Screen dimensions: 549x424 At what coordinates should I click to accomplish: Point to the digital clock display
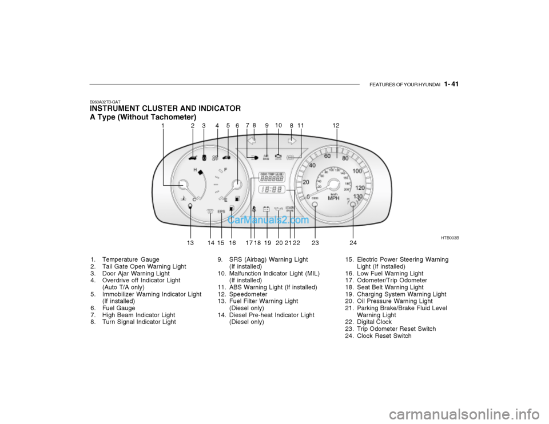[272, 190]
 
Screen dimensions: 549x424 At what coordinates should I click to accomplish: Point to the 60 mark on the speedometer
[327, 155]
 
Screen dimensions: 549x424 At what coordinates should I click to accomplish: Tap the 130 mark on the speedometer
[357, 197]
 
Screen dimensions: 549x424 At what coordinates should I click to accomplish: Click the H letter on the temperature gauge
[196, 170]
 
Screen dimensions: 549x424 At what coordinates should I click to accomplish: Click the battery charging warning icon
[266, 209]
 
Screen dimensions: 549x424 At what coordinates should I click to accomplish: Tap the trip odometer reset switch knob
[315, 205]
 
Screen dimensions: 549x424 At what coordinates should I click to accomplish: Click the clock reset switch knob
[353, 205]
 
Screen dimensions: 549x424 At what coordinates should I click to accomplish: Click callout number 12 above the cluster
[336, 125]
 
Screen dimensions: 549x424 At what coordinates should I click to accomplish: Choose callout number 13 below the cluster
[190, 243]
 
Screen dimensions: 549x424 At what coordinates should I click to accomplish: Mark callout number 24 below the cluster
[353, 243]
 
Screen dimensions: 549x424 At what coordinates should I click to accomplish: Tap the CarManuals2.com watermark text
[269, 219]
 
